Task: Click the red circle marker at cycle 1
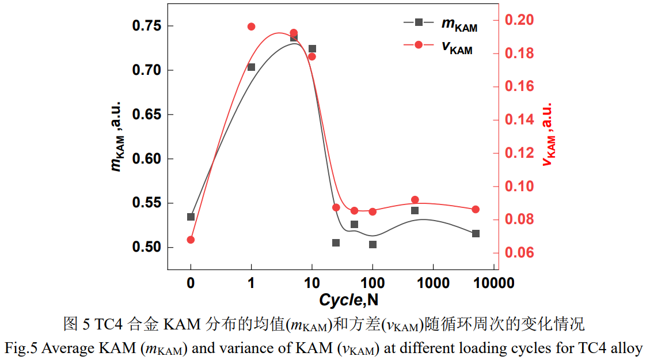click(x=251, y=26)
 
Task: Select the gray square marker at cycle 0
click(x=191, y=217)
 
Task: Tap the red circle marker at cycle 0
click(x=191, y=240)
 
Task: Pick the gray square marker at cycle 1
click(x=251, y=67)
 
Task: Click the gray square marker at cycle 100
click(x=373, y=245)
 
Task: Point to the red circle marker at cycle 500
click(x=415, y=200)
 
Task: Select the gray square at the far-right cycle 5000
click(x=476, y=233)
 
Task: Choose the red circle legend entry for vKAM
click(x=419, y=45)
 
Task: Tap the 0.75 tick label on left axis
click(x=146, y=26)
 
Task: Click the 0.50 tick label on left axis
click(x=146, y=248)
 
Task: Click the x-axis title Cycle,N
click(x=348, y=300)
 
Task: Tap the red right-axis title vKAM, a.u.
click(x=549, y=135)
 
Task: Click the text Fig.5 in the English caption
click(x=20, y=348)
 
